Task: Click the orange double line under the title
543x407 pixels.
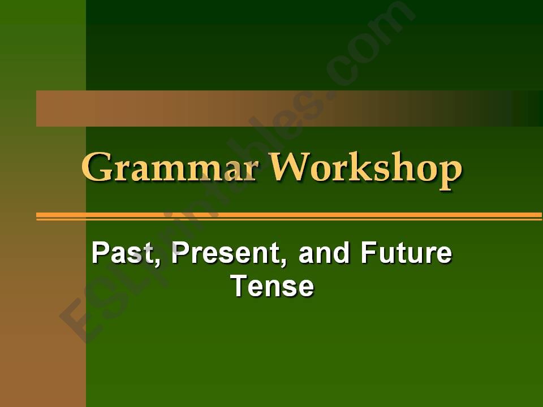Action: pyautogui.click(x=288, y=216)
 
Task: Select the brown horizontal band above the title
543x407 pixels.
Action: pyautogui.click(x=226, y=109)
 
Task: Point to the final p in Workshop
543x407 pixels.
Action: pyautogui.click(x=449, y=172)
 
